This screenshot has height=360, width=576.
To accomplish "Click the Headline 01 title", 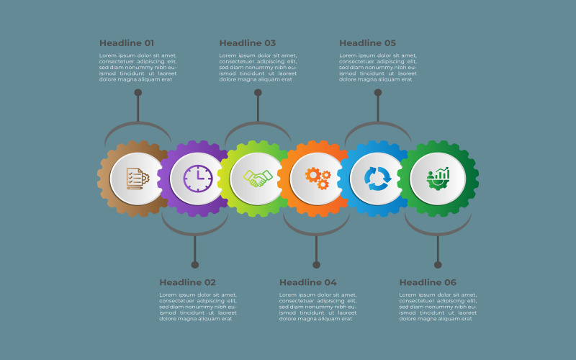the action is click(127, 43).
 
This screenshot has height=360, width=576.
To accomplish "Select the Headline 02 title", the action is click(187, 282).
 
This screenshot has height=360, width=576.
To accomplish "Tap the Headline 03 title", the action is click(247, 43).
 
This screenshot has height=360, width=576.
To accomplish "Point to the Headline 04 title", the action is click(308, 282).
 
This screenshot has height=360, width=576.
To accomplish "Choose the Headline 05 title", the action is click(367, 43).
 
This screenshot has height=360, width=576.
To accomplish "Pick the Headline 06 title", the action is click(428, 282).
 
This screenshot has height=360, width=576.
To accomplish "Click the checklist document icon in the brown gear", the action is click(138, 179).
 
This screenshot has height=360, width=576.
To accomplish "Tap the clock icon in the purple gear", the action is click(198, 179).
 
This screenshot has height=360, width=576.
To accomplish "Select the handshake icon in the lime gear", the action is click(258, 179).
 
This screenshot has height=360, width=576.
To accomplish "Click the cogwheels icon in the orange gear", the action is click(318, 179).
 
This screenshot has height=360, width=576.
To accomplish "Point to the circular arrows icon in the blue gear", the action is click(377, 179).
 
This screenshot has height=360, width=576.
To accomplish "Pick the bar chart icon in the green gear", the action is click(438, 179).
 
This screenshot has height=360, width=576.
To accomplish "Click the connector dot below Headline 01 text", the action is click(138, 93).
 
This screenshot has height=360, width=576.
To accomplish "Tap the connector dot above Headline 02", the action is click(195, 265).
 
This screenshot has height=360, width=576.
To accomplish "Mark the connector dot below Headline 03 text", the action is click(258, 93).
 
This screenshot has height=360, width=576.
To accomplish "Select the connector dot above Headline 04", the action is click(317, 265).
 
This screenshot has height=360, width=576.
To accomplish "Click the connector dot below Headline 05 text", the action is click(378, 93).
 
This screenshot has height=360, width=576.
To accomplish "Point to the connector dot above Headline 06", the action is click(438, 265).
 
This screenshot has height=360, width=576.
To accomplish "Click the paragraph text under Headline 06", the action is click(438, 307).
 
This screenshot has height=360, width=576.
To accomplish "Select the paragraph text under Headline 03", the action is click(258, 67).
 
